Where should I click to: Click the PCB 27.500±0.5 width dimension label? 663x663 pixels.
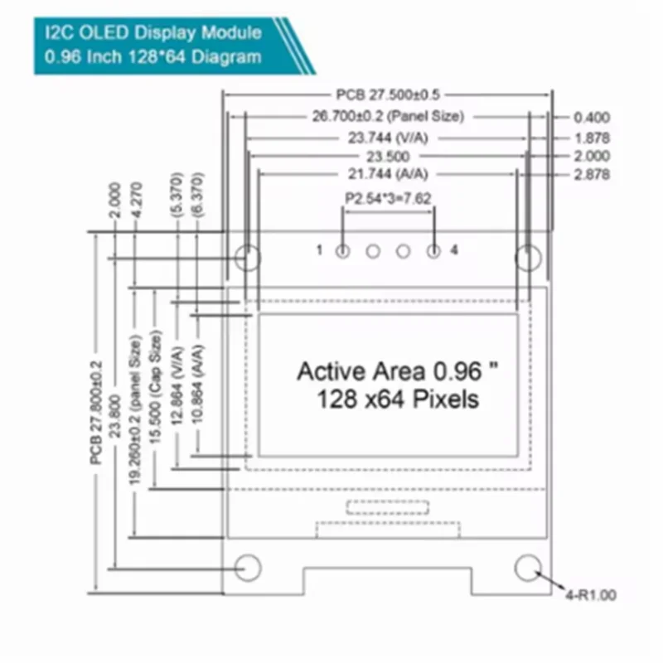[x=388, y=94]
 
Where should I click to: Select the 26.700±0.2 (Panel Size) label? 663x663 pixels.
[x=388, y=116]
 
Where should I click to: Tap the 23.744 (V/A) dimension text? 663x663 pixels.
[x=388, y=138]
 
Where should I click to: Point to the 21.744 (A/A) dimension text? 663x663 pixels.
[x=388, y=174]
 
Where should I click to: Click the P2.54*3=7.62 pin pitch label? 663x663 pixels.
[x=388, y=198]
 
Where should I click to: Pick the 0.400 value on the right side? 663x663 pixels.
[x=592, y=117]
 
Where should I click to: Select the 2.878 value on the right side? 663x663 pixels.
[x=592, y=174]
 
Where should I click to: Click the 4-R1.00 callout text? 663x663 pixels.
[x=591, y=595]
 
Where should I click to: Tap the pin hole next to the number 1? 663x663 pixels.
[x=343, y=252]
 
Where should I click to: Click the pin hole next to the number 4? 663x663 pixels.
[x=433, y=252]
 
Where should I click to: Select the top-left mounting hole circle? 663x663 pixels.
[x=248, y=245]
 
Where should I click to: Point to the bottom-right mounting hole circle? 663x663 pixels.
[x=528, y=554]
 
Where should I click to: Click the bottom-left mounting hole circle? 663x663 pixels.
[x=248, y=554]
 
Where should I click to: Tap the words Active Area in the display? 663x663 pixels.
[x=361, y=371]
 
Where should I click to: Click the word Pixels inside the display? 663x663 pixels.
[x=446, y=399]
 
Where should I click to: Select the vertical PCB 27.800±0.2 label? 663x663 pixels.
[x=96, y=413]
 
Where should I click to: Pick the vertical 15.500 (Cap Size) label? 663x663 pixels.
[x=155, y=387]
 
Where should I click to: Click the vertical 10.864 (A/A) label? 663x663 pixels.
[x=198, y=384]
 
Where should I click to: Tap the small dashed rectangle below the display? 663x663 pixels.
[x=388, y=501]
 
